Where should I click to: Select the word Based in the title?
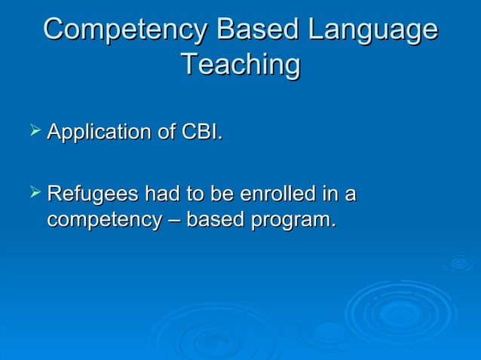coord(253,30)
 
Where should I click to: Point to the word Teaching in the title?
coord(240,65)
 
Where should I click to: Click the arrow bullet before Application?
coord(33,133)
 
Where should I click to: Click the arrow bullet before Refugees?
coord(33,194)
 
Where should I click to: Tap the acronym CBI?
coord(202,133)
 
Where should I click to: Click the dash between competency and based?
coord(170,221)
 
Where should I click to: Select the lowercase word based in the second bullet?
coord(218,221)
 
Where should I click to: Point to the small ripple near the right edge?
coord(458,263)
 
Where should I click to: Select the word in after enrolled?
coord(328,194)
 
